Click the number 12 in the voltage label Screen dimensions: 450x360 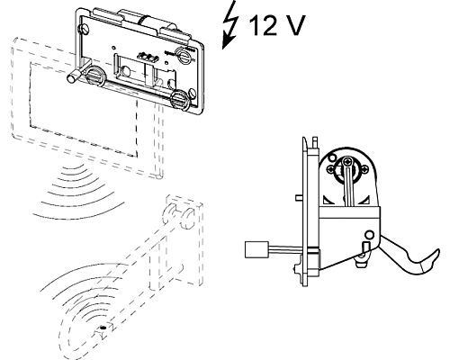pos(263,25)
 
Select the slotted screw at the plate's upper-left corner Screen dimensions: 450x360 pos(84,29)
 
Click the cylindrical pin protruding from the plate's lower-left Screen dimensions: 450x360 pos(73,76)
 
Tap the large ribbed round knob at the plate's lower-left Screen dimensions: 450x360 pos(94,76)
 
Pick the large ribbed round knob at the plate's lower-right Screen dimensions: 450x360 pos(179,99)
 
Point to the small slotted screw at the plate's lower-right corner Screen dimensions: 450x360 pos(193,93)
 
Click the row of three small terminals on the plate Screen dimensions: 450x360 pos(148,57)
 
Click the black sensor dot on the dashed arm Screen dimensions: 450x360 pos(103,328)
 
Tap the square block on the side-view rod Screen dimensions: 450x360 pos(256,249)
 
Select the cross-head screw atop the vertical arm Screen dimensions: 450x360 pos(347,161)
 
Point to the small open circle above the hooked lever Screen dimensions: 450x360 pos(370,234)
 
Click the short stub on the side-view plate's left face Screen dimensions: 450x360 pos(299,197)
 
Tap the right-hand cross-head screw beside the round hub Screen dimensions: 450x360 pos(365,169)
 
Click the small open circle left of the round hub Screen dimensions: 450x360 pos(332,157)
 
